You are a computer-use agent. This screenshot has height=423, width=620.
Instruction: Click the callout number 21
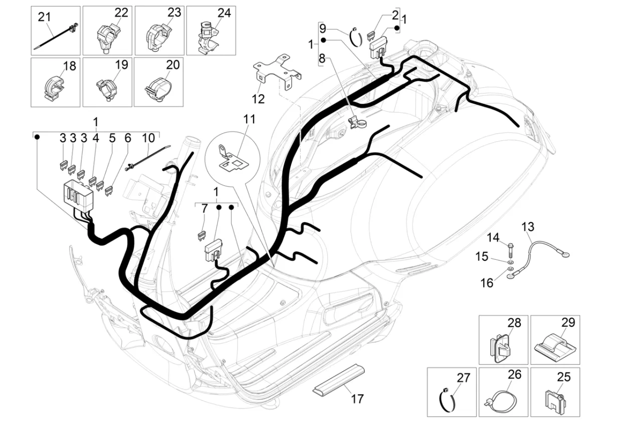(x=44, y=17)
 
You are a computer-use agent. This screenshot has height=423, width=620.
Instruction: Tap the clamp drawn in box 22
(x=107, y=38)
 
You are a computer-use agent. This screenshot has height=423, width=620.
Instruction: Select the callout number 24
(x=224, y=13)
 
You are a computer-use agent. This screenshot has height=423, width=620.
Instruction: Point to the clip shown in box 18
(x=54, y=88)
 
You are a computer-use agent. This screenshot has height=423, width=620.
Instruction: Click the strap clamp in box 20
(x=158, y=89)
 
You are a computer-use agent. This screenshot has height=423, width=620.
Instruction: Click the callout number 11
(x=249, y=120)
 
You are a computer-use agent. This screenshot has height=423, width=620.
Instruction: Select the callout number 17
(x=357, y=399)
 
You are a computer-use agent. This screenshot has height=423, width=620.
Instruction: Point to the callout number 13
(x=528, y=227)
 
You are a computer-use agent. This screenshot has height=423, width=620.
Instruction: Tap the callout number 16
(x=487, y=283)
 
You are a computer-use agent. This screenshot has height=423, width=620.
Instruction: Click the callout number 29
(x=568, y=322)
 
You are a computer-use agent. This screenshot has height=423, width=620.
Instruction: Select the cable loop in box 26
(x=502, y=400)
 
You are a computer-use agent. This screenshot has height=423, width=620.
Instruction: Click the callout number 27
(x=464, y=378)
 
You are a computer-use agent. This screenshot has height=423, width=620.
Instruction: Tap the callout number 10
(x=148, y=138)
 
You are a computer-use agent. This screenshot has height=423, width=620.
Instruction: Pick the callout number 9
(x=323, y=28)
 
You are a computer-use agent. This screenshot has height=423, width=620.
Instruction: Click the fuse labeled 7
(x=203, y=236)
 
